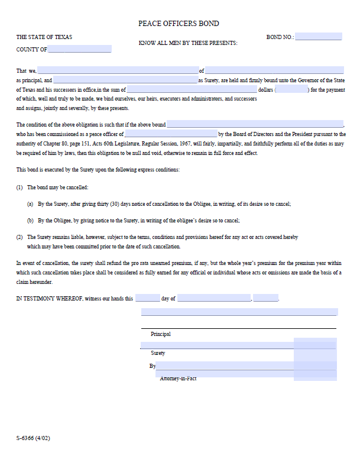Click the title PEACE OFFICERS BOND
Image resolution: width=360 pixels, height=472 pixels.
[179, 24]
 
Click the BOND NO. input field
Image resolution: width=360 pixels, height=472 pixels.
[318, 37]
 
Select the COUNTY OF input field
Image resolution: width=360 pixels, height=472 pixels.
[79, 49]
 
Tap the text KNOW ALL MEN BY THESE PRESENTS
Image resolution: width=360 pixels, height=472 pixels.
[187, 43]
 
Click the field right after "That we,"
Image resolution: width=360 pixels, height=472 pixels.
[118, 70]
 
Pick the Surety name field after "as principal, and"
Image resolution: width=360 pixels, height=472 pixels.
[125, 80]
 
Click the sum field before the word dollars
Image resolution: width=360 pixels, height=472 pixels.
[192, 89]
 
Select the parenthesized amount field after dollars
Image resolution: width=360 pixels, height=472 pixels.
[291, 89]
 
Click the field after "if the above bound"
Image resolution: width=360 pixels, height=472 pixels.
[255, 125]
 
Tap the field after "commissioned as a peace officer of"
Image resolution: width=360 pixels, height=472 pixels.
[171, 134]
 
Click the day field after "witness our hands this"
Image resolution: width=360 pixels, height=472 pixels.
[147, 298]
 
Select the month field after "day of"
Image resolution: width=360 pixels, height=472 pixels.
[214, 298]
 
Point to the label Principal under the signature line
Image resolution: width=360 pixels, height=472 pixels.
[161, 334]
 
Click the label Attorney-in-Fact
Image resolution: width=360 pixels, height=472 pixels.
[178, 379]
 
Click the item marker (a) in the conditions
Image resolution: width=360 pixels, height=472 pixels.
[30, 203]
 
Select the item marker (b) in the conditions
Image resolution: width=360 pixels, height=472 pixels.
[30, 220]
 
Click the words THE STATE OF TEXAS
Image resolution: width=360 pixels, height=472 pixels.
[44, 37]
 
